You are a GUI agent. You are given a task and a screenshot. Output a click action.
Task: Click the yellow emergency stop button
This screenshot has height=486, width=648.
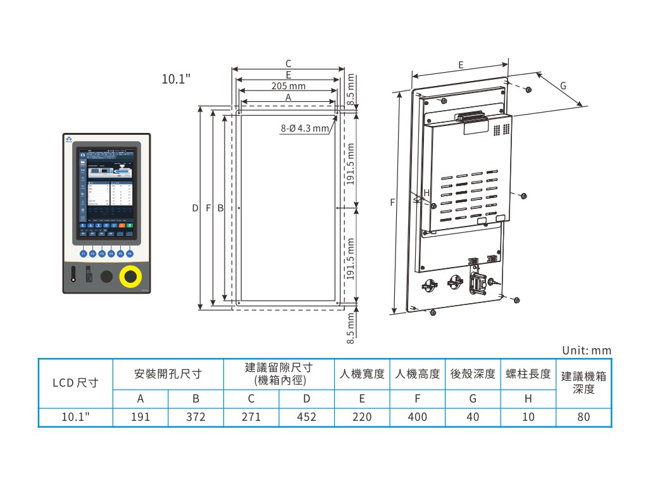130,277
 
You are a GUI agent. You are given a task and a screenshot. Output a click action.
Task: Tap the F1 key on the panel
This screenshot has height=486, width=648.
83,253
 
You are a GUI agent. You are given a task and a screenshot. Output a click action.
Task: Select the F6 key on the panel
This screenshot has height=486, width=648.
130,253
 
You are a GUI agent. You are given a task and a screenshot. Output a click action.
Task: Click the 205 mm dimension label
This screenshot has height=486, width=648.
288,85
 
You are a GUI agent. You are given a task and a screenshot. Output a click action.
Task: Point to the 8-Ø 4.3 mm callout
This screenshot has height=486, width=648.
305,128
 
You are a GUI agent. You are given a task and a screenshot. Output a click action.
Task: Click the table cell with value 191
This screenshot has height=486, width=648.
140,417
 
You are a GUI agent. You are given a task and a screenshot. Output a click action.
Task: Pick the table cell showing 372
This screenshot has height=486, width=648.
196,417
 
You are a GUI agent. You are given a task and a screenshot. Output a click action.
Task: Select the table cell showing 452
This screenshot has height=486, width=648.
306,417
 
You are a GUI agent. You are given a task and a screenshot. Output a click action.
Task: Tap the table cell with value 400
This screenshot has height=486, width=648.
417,417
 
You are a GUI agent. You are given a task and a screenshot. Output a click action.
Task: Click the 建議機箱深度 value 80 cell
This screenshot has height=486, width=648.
583,417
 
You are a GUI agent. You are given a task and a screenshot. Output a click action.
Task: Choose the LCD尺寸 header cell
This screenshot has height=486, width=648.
75,383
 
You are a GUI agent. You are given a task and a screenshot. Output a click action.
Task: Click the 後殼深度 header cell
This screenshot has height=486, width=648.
473,374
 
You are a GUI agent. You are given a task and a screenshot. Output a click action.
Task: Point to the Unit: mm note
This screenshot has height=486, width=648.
587,351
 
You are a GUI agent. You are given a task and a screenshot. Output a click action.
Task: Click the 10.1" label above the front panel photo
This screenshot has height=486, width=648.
177,79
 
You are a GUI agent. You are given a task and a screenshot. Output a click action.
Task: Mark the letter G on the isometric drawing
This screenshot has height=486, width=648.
563,85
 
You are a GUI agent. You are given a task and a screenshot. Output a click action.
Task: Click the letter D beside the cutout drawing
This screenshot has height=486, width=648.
196,208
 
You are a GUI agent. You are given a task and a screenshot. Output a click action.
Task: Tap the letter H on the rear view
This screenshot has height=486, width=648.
427,192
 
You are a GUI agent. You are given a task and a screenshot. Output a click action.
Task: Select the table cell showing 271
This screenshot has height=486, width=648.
251,417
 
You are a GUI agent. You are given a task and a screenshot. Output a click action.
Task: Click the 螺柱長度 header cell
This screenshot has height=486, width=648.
528,374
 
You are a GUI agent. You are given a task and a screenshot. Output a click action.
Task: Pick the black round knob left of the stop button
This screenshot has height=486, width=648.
106,277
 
